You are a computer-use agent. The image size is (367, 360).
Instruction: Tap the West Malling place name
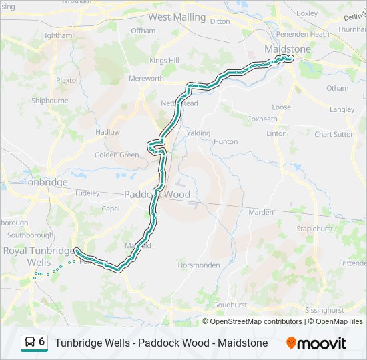(x=177, y=17)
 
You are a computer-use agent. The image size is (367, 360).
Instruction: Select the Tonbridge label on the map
(x=45, y=182)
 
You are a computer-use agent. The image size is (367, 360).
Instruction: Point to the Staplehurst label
(x=314, y=229)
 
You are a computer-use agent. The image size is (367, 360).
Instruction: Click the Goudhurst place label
(x=230, y=305)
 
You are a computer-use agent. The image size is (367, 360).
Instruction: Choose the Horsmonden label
(x=199, y=265)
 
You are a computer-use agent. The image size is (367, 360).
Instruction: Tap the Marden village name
(x=261, y=212)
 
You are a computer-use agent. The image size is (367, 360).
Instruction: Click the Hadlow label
(x=107, y=132)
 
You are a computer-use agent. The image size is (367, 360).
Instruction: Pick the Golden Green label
(x=117, y=155)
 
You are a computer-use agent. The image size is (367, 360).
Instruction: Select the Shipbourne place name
(x=49, y=101)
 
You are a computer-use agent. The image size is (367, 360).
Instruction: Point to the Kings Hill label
(x=164, y=61)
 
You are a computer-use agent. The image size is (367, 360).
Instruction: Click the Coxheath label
(x=262, y=119)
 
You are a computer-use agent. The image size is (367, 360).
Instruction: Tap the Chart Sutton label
(x=335, y=134)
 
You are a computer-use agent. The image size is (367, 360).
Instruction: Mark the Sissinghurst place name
(x=324, y=310)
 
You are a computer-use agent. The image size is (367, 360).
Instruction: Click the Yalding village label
(x=199, y=133)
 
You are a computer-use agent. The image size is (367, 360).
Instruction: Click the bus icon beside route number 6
(x=30, y=343)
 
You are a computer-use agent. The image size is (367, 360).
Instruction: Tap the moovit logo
(x=316, y=343)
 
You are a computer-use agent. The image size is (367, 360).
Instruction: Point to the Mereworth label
(x=146, y=79)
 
